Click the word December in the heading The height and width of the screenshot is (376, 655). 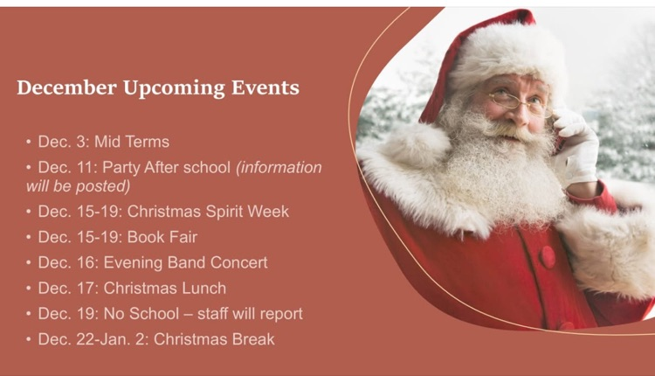point(66,88)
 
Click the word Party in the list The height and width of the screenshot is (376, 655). point(123,167)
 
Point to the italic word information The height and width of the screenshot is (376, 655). point(279,167)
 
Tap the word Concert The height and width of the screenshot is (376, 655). point(238,262)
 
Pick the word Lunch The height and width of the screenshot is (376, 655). point(202,288)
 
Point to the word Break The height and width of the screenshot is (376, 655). point(251,338)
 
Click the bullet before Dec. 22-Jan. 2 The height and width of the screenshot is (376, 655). point(29,338)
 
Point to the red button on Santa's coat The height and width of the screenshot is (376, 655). point(548,257)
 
